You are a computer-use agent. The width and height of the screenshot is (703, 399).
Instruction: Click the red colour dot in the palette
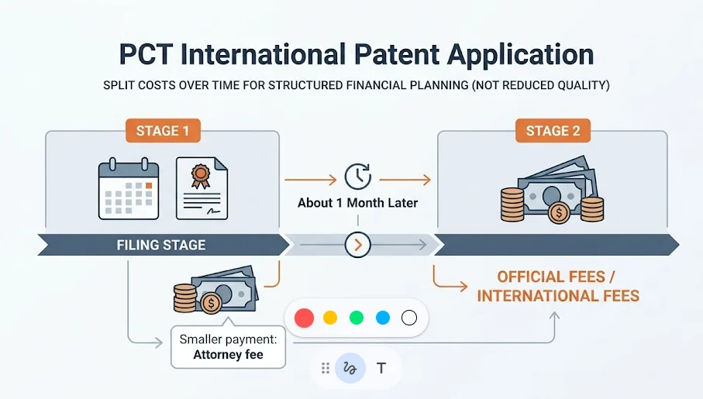[x=305, y=318]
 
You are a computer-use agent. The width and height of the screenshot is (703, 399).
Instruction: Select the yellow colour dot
[x=330, y=318]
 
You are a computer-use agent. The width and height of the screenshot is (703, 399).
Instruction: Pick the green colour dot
[x=357, y=318]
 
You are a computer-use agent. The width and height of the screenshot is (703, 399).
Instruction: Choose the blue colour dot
[x=382, y=318]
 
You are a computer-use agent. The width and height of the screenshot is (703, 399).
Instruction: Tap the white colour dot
[x=409, y=318]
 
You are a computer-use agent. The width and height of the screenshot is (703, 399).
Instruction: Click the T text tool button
[x=381, y=369]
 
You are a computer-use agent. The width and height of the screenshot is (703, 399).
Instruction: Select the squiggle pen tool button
[x=350, y=369]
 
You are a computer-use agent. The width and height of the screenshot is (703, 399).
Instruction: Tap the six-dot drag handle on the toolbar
[x=326, y=369]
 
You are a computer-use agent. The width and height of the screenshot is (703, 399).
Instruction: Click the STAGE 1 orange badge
[x=163, y=131]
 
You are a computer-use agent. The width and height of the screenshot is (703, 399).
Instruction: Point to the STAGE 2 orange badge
[x=553, y=131]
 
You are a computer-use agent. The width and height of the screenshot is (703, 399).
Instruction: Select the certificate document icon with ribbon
[x=202, y=188]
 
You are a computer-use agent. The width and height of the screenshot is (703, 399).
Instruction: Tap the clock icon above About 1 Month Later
[x=357, y=176]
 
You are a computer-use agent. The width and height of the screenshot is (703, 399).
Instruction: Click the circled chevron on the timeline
[x=357, y=245]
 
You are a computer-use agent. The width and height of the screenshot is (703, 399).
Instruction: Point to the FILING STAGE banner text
[x=161, y=246]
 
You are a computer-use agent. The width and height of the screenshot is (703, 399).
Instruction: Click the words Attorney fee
[x=228, y=356]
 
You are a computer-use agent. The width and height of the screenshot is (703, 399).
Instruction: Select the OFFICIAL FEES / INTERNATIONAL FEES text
[x=558, y=286]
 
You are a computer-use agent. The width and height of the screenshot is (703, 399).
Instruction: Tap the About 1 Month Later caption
[x=357, y=203]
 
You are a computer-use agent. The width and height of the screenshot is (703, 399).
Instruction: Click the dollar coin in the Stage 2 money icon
[x=558, y=213]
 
